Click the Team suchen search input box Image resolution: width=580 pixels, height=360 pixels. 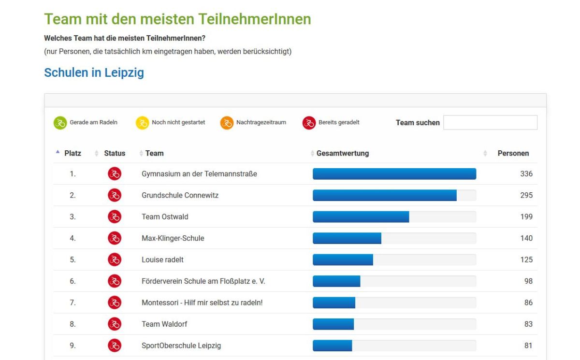490,123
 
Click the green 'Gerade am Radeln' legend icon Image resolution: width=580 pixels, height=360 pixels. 60,123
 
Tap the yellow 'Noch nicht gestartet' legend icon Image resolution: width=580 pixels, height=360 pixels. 142,123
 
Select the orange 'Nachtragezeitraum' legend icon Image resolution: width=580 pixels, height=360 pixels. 227,123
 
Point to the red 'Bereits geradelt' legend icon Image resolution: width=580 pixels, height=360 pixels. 309,123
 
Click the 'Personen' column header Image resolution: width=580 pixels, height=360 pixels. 513,153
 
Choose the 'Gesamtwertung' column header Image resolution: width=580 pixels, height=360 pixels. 343,153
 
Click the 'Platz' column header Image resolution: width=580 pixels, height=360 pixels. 72,153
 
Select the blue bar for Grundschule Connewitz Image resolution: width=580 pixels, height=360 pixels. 384,195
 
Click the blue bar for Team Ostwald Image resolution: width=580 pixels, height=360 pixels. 361,217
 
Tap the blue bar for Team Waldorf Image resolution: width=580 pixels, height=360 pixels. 333,324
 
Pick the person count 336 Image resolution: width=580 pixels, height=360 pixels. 526,174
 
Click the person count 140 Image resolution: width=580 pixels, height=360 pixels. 526,238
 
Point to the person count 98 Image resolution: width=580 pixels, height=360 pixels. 528,281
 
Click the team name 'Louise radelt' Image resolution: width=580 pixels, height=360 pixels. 162,260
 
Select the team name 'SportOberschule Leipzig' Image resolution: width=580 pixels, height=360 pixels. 181,346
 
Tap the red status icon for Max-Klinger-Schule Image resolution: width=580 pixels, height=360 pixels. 115,238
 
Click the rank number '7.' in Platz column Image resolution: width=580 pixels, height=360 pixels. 72,303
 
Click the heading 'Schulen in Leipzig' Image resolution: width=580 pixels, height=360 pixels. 94,73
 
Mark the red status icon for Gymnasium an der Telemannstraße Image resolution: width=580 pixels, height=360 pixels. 115,174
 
